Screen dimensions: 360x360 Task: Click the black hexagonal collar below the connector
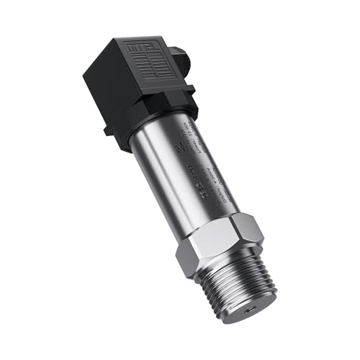155,118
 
